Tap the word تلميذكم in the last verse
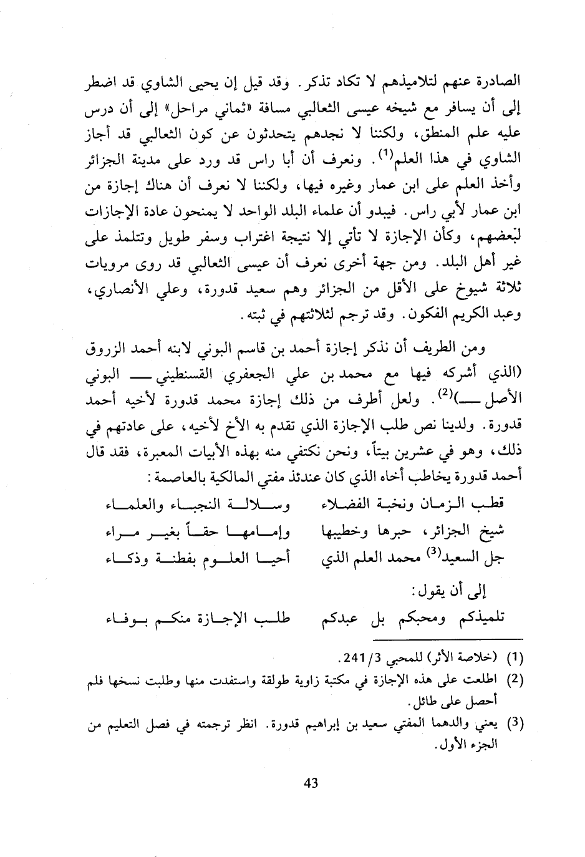pyautogui.click(x=480, y=619)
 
